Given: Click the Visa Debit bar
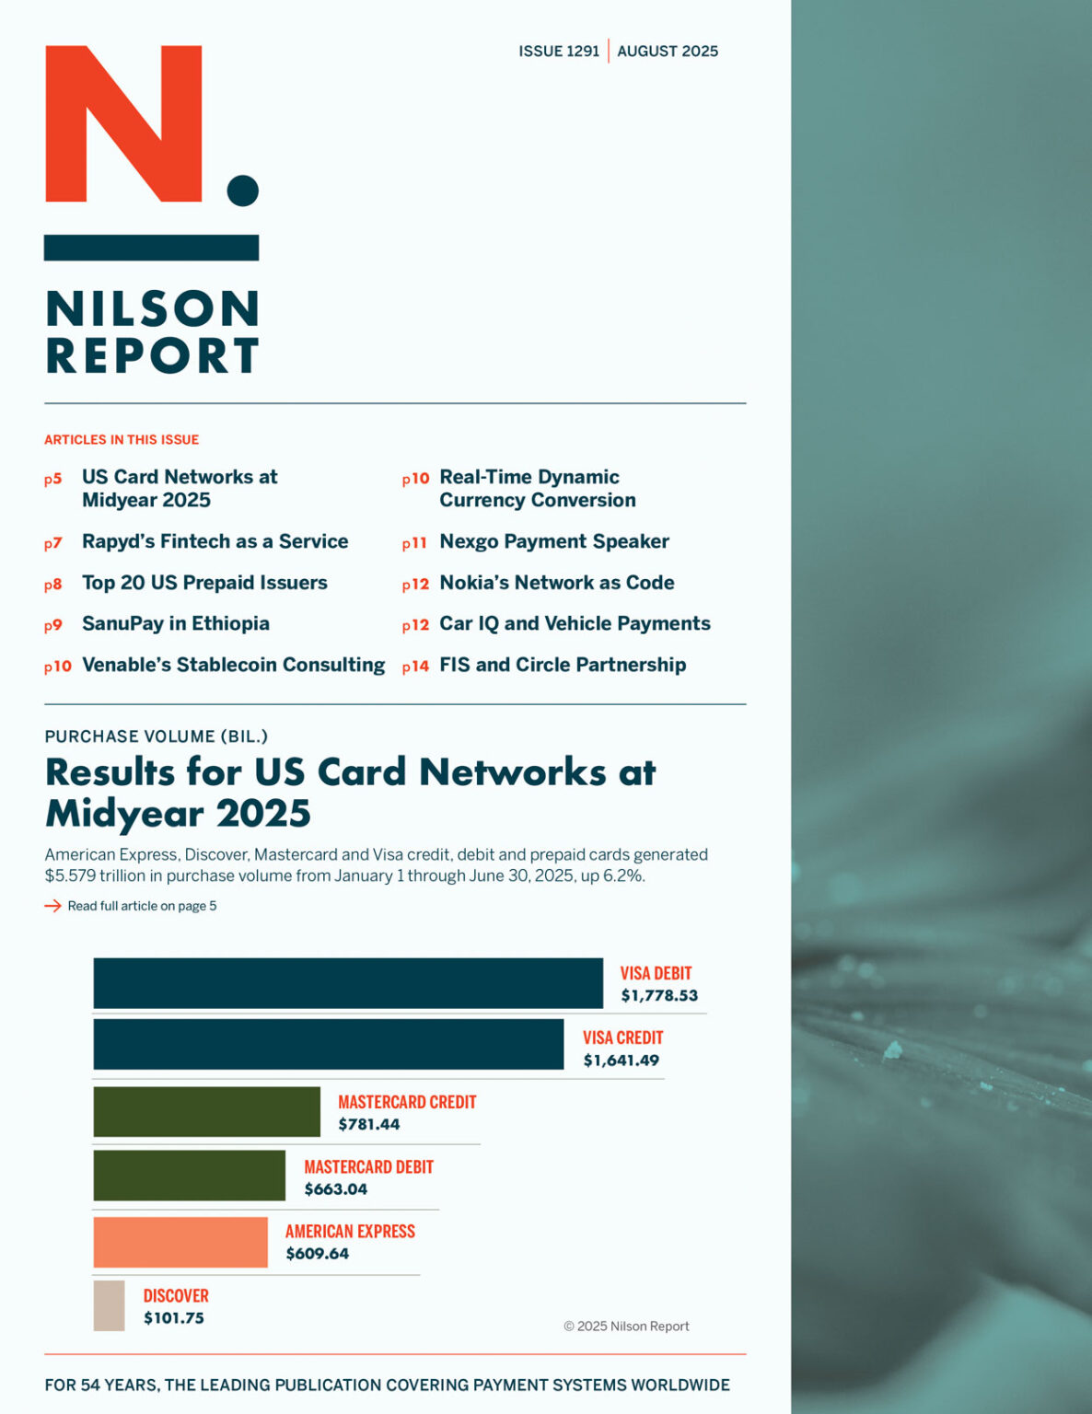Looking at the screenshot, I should [x=348, y=982].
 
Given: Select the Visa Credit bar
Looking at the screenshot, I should [x=328, y=1044].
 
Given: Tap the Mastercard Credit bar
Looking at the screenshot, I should [x=206, y=1111].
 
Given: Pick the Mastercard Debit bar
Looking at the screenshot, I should [x=189, y=1176].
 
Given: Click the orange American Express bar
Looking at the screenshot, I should [x=180, y=1242].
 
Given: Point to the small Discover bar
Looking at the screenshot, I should [x=109, y=1305].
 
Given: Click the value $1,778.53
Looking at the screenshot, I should [x=659, y=995].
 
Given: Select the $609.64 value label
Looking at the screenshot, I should [x=318, y=1254].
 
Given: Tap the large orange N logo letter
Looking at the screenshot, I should [x=123, y=123].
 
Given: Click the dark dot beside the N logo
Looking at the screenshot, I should [x=243, y=191].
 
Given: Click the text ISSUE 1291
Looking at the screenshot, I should [x=559, y=52].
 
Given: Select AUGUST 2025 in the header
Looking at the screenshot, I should [x=668, y=52].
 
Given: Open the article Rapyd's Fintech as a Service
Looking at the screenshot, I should [x=215, y=541].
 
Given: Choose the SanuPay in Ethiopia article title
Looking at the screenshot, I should [x=176, y=623].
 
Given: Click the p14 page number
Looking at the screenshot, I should [x=415, y=666].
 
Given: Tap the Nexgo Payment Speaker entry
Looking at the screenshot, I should [x=554, y=541].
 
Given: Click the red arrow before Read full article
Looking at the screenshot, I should [x=52, y=906].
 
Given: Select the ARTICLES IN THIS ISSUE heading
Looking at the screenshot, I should [x=122, y=440].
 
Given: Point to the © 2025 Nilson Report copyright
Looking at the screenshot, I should [x=626, y=1327].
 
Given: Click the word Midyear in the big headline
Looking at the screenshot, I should [x=123, y=814].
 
